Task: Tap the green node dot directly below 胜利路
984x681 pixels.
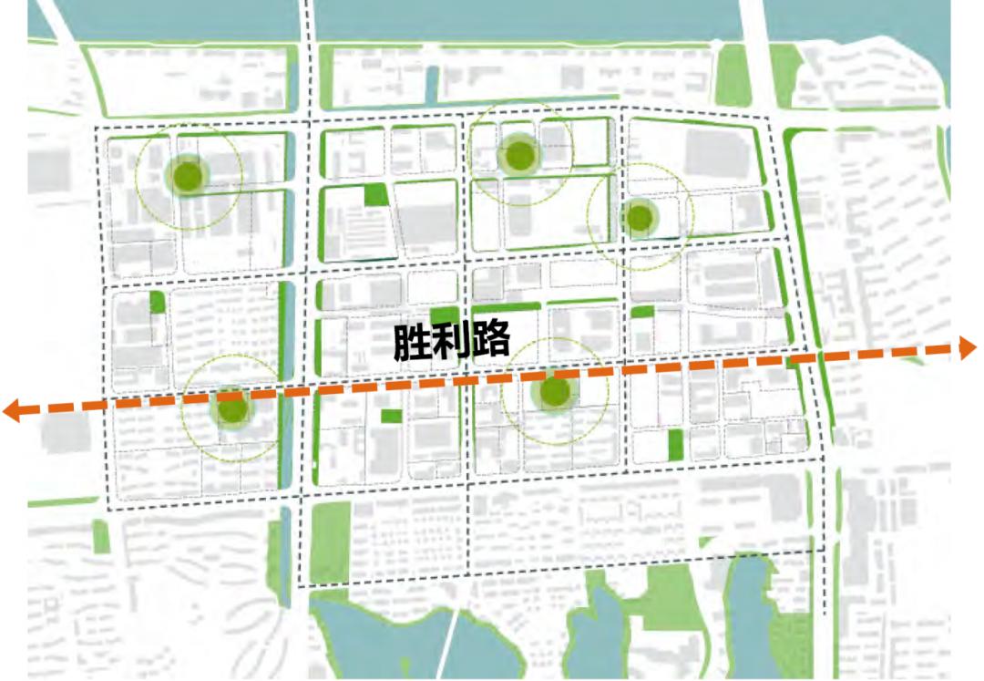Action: [x=554, y=392]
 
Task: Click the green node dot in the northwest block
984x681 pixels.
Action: [x=188, y=174]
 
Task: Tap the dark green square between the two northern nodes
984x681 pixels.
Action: [x=374, y=194]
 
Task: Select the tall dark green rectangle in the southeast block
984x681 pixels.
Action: [x=675, y=444]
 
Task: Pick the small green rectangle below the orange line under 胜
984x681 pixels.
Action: [x=391, y=416]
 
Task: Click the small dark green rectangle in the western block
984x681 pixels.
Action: [x=157, y=303]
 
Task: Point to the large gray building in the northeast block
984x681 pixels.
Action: [x=716, y=151]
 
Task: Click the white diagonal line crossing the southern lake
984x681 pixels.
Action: [x=451, y=643]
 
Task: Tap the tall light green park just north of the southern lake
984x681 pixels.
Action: [x=330, y=542]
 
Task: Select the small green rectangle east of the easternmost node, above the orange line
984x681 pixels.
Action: [x=642, y=312]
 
